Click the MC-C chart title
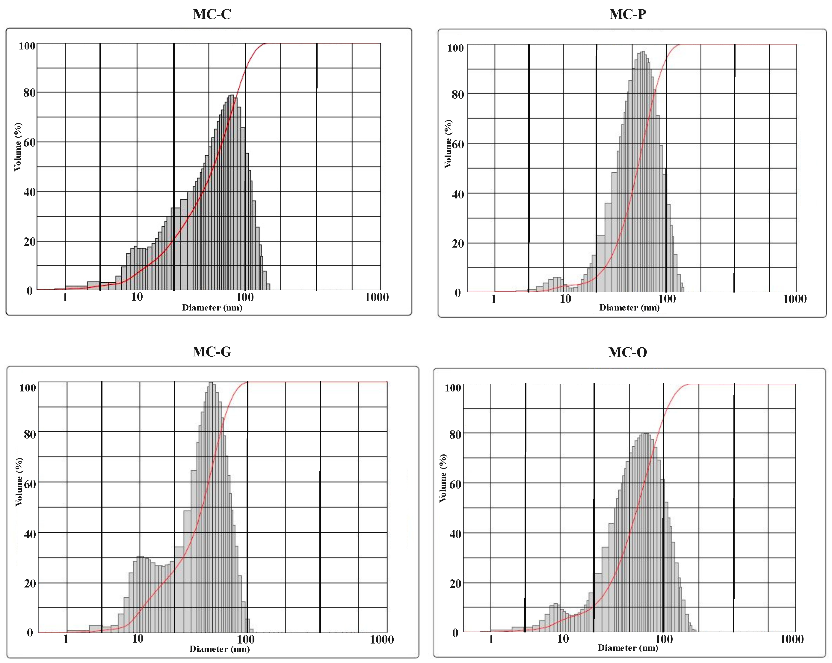pyautogui.click(x=212, y=14)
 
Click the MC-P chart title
pyautogui.click(x=627, y=14)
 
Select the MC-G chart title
pyautogui.click(x=212, y=352)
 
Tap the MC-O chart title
pyautogui.click(x=627, y=352)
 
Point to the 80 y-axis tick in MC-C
pyautogui.click(x=29, y=93)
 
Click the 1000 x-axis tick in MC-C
pyautogui.click(x=376, y=297)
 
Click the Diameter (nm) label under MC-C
pyautogui.click(x=212, y=308)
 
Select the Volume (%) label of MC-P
pyautogui.click(x=448, y=144)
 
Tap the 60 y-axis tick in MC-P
pyautogui.click(x=458, y=144)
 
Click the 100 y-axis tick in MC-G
pyautogui.click(x=28, y=388)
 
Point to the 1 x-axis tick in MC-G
pyautogui.click(x=66, y=639)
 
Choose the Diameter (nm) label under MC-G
pyautogui.click(x=219, y=649)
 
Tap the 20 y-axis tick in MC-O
pyautogui.click(x=455, y=584)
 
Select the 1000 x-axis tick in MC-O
pyautogui.click(x=792, y=639)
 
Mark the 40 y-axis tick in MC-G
pyautogui.click(x=30, y=534)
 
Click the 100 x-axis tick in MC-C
pyautogui.click(x=245, y=297)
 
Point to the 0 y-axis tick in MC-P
pyautogui.click(x=458, y=293)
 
